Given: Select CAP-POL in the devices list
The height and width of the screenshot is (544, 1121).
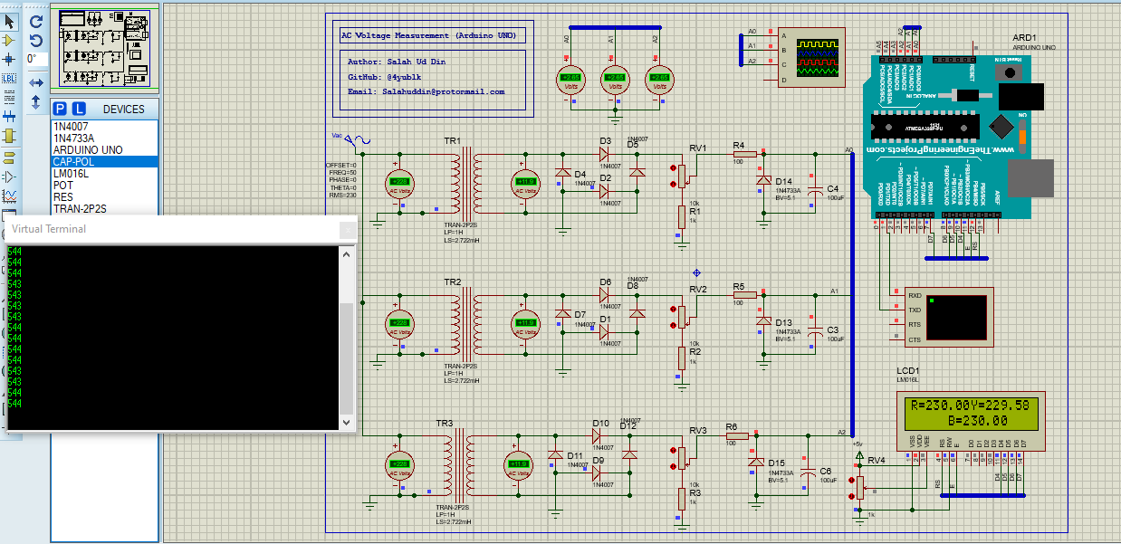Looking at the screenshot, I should click(x=74, y=162).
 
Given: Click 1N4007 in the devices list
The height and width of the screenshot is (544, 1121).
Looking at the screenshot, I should click(x=71, y=127).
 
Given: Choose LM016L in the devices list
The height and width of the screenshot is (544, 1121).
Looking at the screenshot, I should click(x=70, y=174).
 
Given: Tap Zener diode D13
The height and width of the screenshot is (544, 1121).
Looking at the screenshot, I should click(x=763, y=320).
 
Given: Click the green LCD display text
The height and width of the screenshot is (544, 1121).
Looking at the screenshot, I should click(x=971, y=413).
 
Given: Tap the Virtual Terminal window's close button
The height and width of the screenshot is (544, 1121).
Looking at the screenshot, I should click(x=347, y=230).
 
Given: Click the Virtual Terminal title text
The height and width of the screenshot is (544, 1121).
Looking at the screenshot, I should click(x=49, y=229).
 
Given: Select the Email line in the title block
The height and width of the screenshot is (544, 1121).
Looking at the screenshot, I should click(x=426, y=91).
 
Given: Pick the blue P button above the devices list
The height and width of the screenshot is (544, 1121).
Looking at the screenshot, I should click(x=60, y=109).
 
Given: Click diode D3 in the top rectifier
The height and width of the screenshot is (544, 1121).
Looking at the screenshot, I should click(x=605, y=154).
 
